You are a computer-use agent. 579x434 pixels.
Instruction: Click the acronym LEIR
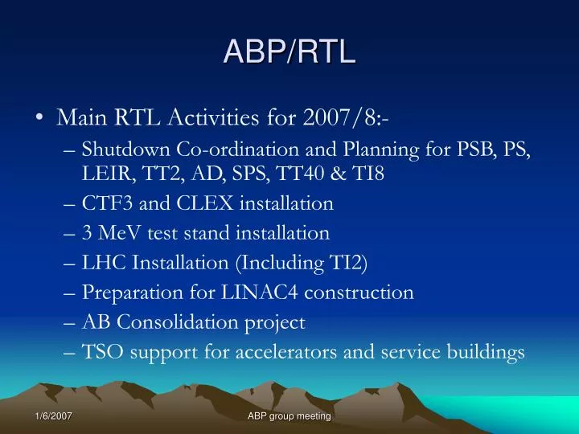102,173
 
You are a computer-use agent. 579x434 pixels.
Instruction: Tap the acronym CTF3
105,203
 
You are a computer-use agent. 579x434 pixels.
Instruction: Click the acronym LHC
101,263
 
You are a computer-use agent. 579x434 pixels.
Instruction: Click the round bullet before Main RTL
40,119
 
